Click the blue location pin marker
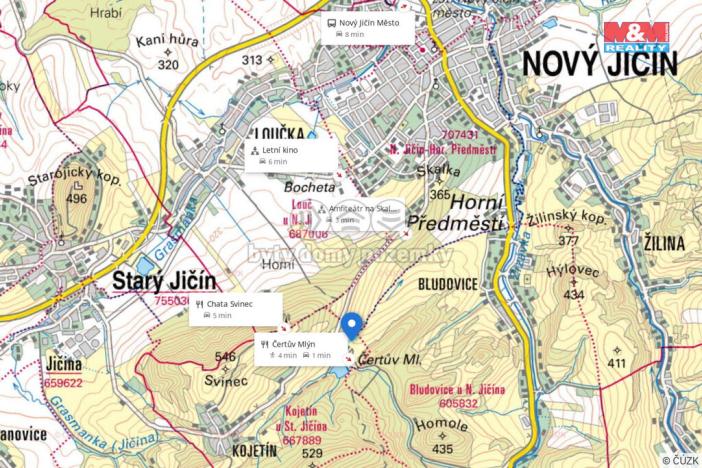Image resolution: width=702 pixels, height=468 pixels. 351,326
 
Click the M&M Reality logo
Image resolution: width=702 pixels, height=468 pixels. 636,36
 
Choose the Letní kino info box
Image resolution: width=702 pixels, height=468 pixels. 289,154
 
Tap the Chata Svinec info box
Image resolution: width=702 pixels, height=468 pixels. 237,308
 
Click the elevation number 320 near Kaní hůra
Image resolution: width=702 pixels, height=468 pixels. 168,65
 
